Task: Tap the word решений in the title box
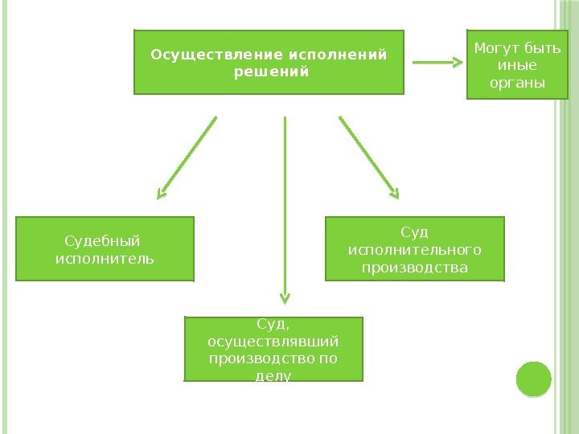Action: pos(270,72)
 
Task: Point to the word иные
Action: pos(517,66)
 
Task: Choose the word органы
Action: pos(517,83)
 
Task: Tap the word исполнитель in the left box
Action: pos(105,259)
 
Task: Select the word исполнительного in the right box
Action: pos(414,250)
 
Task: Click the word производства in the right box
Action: pos(414,267)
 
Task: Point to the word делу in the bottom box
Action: pos(273,375)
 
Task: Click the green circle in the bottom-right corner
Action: pos(533,379)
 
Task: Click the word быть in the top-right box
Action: pos(542,49)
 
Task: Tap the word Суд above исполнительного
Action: pos(415,233)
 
